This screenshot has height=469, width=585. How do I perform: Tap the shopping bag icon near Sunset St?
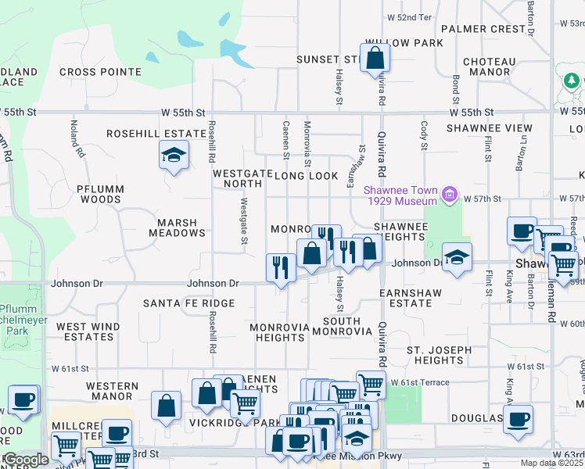[375, 57]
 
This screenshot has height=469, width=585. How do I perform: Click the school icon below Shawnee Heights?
[457, 256]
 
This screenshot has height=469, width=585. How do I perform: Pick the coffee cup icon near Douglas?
[518, 418]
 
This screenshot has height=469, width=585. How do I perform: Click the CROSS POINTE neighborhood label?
[100, 72]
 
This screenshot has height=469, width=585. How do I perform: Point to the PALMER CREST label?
[483, 29]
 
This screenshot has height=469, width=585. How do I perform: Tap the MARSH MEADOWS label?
[177, 227]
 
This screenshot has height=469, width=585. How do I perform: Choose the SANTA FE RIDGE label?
[188, 303]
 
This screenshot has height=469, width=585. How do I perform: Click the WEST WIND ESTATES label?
[88, 331]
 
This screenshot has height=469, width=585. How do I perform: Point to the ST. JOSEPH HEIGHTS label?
[439, 355]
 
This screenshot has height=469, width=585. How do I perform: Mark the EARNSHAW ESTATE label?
[411, 298]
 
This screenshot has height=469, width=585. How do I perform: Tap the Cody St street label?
[424, 134]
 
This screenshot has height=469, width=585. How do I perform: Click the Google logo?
[25, 460]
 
